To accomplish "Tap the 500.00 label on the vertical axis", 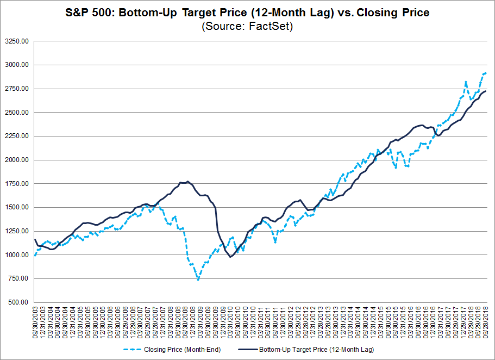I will pyautogui.click(x=20, y=302).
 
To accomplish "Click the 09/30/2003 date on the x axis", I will pyautogui.click(x=35, y=323).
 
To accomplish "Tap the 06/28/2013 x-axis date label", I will pyautogui.click(x=328, y=323).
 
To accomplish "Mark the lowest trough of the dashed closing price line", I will pyautogui.click(x=198, y=280).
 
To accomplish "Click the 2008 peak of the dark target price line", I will pyautogui.click(x=187, y=182).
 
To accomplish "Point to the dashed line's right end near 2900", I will pyautogui.click(x=486, y=73).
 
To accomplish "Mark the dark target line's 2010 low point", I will pyautogui.click(x=230, y=257).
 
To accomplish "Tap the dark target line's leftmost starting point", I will pyautogui.click(x=35, y=239).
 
